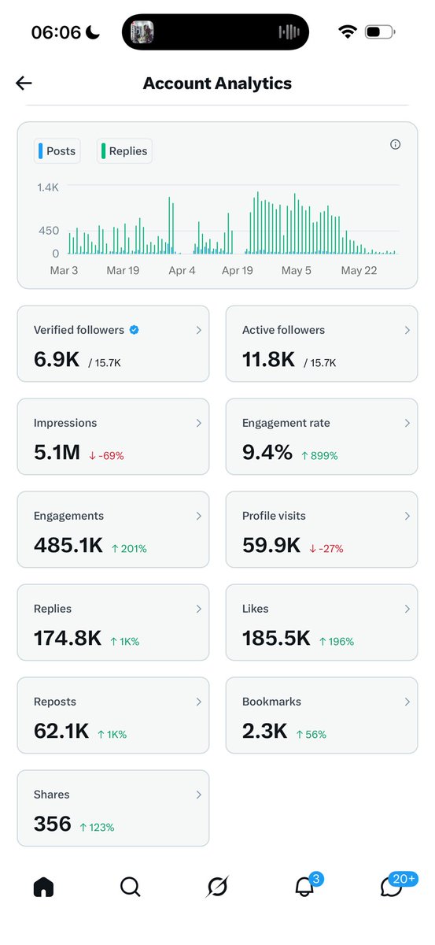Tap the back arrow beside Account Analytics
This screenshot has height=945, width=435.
24,83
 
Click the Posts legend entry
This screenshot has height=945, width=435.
57,151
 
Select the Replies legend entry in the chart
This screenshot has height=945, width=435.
124,151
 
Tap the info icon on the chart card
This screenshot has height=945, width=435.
395,145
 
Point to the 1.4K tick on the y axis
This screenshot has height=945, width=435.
48,187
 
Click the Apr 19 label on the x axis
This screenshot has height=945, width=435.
238,270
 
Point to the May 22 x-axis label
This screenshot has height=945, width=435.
359,270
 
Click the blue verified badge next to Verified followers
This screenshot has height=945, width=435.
134,330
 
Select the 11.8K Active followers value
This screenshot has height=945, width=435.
268,359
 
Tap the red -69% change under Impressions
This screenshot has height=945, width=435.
106,456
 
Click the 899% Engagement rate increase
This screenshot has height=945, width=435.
319,456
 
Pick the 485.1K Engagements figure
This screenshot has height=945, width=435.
68,545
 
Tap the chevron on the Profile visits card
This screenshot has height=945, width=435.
407,516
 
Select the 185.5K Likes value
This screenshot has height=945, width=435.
276,638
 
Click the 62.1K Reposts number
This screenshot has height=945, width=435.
61,731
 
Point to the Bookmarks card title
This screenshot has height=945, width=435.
271,702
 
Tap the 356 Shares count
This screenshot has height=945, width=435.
53,824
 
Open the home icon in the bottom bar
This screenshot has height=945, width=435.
43,887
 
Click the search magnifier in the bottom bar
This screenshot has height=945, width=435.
131,887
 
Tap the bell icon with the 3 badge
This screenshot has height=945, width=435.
304,887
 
